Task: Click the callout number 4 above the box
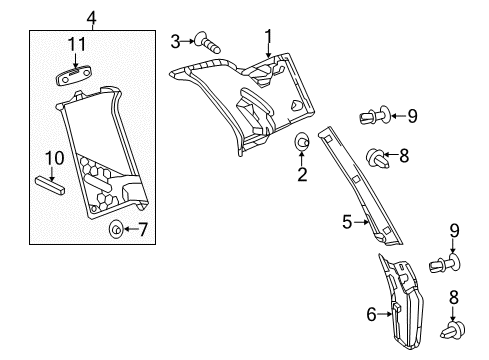point(92,18)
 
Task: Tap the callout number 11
point(77,44)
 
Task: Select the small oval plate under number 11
point(73,75)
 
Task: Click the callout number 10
point(54,158)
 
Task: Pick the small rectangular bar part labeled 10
point(50,186)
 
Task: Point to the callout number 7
point(142,229)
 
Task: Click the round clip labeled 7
point(116,229)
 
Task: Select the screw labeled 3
point(207,43)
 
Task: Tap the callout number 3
point(175,42)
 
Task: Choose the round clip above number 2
point(302,142)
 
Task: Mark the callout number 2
point(302,174)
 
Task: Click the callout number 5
point(347,222)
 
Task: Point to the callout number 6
point(371,314)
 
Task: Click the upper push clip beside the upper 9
point(375,115)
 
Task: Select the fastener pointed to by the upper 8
point(378,159)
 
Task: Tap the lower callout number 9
point(454,231)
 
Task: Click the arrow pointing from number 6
point(385,314)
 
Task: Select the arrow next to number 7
point(130,229)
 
